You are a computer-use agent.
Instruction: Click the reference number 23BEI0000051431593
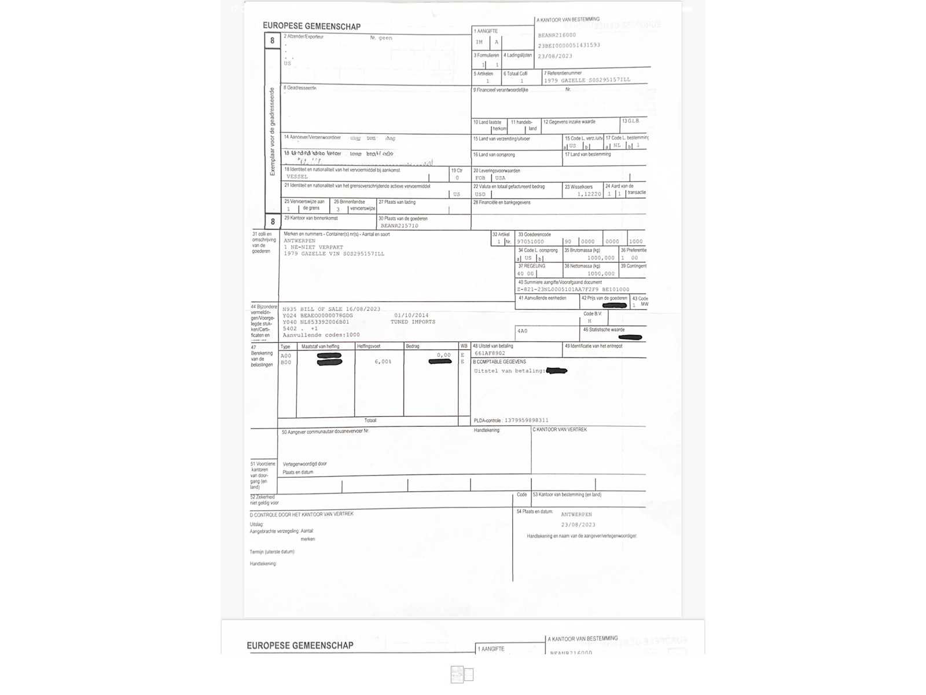click(x=568, y=45)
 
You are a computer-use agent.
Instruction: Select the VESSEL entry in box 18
click(x=297, y=177)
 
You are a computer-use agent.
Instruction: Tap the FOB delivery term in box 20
click(x=480, y=178)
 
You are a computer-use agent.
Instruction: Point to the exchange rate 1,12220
click(x=589, y=194)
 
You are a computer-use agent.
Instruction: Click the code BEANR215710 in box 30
click(x=399, y=226)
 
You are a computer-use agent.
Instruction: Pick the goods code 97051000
click(x=530, y=242)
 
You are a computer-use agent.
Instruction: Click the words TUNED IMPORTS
click(x=413, y=322)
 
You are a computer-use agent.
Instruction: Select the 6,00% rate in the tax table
click(x=383, y=362)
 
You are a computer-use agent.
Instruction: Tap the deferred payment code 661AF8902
click(x=490, y=353)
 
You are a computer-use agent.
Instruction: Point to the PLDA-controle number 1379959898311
click(x=526, y=420)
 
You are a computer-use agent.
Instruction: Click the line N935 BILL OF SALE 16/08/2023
click(x=331, y=309)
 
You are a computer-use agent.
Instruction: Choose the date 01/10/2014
click(x=411, y=316)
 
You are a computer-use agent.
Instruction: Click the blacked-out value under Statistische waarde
click(x=630, y=337)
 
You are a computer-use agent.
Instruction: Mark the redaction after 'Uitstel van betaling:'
click(x=556, y=371)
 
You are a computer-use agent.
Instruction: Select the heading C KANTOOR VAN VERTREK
click(x=560, y=430)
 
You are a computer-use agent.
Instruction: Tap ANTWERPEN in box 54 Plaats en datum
click(x=576, y=514)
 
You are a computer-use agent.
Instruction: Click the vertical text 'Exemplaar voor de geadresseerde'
click(x=272, y=131)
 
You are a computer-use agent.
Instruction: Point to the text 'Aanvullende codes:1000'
click(x=321, y=335)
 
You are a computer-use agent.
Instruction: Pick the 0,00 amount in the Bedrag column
click(x=443, y=355)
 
